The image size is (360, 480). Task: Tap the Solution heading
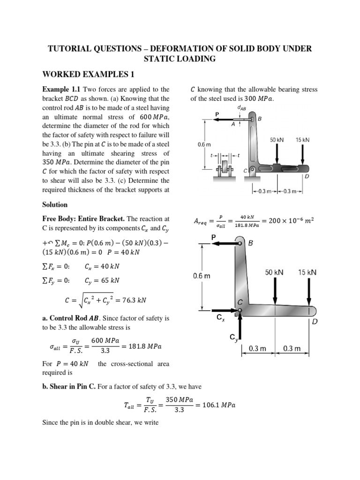click(x=55, y=205)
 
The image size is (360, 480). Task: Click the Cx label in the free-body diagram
click(x=221, y=318)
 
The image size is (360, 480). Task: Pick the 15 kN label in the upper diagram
click(x=302, y=140)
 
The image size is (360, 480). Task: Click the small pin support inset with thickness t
click(x=225, y=167)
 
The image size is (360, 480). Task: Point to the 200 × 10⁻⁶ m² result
click(x=289, y=221)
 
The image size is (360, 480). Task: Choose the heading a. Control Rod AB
click(x=81, y=318)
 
